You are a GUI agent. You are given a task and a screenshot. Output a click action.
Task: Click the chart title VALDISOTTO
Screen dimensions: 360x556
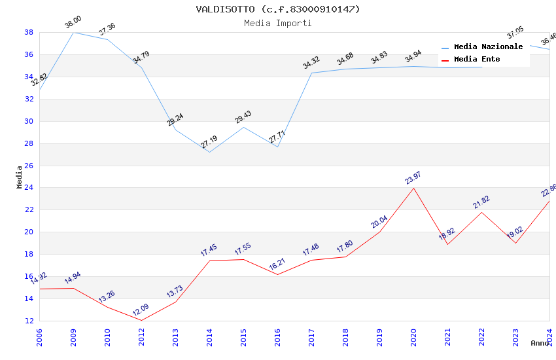(x=278, y=9)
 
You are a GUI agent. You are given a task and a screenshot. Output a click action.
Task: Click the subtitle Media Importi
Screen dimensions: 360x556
(x=278, y=23)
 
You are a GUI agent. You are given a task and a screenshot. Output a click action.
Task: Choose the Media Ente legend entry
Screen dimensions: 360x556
(x=477, y=60)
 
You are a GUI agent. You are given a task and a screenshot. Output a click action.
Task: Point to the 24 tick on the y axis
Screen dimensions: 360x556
(x=29, y=188)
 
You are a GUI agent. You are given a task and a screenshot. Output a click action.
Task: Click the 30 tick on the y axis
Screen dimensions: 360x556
(x=29, y=121)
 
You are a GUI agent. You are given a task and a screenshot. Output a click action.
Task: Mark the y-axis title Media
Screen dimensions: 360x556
(x=20, y=177)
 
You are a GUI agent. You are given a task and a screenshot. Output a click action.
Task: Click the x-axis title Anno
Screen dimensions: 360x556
(x=540, y=343)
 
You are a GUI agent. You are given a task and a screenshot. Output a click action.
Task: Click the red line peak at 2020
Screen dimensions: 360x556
(x=413, y=188)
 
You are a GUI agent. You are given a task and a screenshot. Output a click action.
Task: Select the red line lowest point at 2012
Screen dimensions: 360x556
(x=141, y=320)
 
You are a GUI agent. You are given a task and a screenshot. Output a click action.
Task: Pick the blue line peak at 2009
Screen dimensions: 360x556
(x=73, y=32)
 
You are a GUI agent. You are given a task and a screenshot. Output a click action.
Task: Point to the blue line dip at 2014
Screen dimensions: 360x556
(x=209, y=153)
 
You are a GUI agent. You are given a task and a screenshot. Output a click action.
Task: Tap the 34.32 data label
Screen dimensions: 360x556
(x=311, y=63)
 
